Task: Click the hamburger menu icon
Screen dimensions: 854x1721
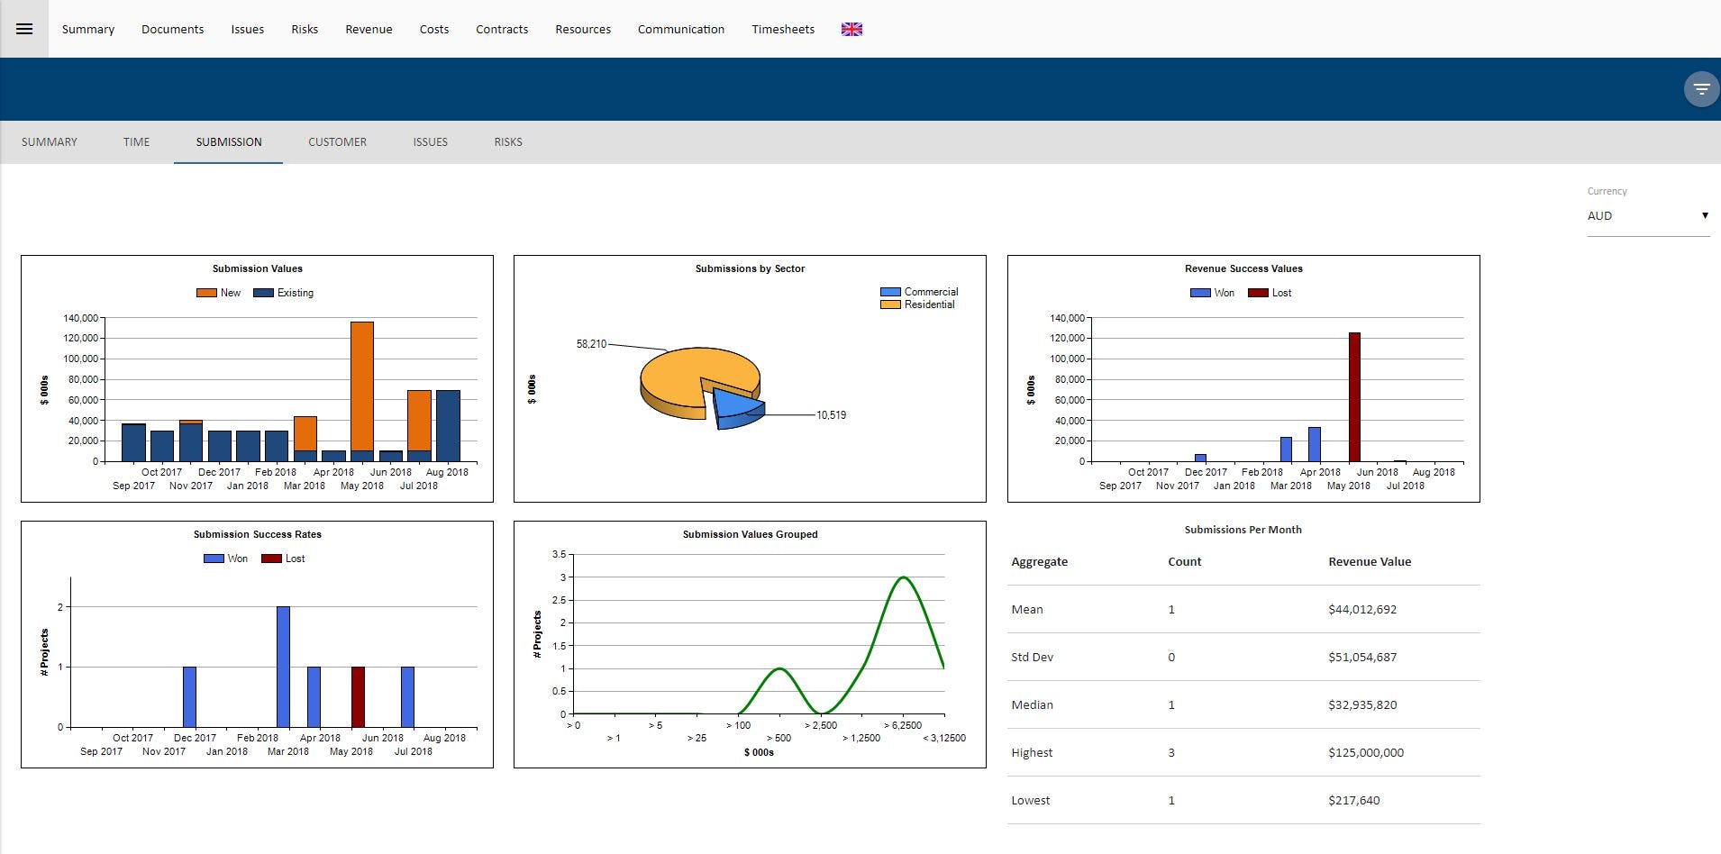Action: tap(24, 29)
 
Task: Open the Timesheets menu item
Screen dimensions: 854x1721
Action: tap(782, 29)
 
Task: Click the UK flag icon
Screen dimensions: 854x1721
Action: tap(851, 29)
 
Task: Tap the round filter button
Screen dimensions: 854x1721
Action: tap(1700, 89)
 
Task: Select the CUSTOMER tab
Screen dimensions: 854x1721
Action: tap(337, 142)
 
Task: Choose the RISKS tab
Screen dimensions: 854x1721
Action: tap(507, 142)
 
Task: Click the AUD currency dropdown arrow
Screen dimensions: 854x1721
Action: tap(1704, 215)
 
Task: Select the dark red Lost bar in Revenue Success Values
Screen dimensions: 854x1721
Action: tap(1354, 396)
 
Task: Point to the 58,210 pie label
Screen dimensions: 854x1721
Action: tap(591, 344)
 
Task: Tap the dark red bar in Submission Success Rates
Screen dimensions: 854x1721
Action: tap(358, 696)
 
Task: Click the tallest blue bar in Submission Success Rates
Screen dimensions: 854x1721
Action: tap(283, 667)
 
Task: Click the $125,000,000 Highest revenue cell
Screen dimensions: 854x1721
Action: tap(1365, 753)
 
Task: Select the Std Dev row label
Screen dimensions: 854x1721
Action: tap(1032, 658)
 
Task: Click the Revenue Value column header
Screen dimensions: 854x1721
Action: tap(1369, 561)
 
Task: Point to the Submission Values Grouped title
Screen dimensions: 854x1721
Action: tap(750, 534)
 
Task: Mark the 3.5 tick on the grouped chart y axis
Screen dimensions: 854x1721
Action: tap(559, 554)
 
